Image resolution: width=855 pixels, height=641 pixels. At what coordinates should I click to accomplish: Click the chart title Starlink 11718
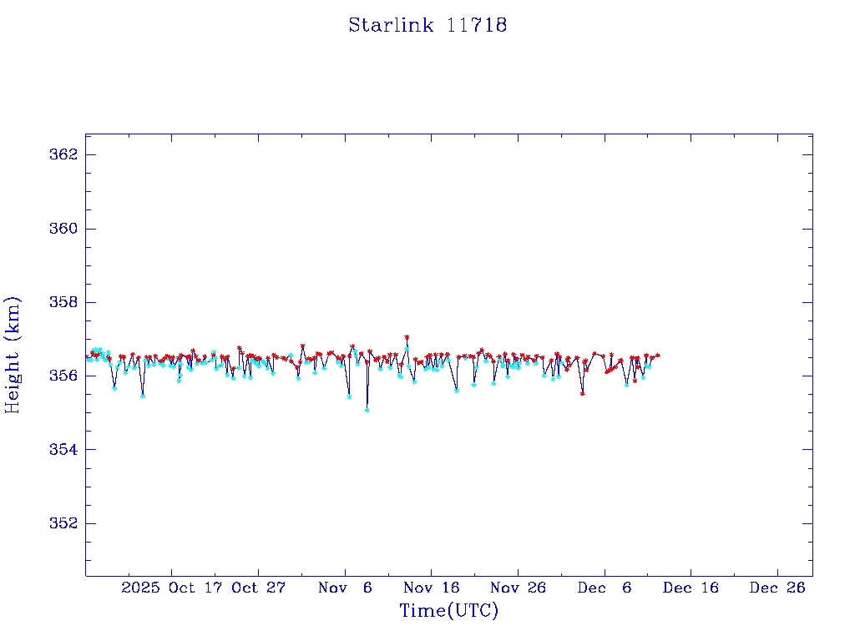(x=427, y=25)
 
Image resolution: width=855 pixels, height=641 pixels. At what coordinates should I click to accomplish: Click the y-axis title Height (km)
(x=13, y=355)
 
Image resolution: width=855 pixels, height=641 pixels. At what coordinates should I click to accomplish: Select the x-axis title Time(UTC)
(x=448, y=611)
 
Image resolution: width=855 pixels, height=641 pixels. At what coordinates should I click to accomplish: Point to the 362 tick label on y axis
(x=65, y=155)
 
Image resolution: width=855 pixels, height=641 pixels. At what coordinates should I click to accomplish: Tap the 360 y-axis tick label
(x=65, y=229)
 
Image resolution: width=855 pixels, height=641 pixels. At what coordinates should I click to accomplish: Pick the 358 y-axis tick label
(x=65, y=302)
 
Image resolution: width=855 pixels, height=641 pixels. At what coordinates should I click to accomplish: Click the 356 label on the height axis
(x=65, y=376)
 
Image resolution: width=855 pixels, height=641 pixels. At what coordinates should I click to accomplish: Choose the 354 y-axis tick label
(x=65, y=450)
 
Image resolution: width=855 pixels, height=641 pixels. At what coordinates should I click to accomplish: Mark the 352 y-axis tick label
(x=65, y=523)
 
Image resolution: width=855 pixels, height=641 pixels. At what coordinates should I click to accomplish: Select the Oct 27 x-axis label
(x=259, y=588)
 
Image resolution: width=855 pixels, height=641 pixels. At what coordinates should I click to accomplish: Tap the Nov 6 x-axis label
(x=346, y=588)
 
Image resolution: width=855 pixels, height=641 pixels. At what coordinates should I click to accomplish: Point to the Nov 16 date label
(x=432, y=588)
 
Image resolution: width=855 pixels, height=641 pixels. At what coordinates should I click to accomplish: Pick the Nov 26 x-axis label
(x=519, y=588)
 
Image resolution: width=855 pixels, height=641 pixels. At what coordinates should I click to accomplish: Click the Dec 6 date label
(x=605, y=588)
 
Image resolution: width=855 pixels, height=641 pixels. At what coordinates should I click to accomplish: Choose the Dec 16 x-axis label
(x=691, y=588)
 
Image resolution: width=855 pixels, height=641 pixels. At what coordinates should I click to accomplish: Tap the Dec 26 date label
(x=777, y=588)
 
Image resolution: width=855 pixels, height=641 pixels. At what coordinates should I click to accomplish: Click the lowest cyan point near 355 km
(x=367, y=410)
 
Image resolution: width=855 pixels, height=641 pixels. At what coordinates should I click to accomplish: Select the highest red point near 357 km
(x=407, y=337)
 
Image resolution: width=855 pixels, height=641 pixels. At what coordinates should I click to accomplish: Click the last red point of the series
(x=658, y=356)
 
